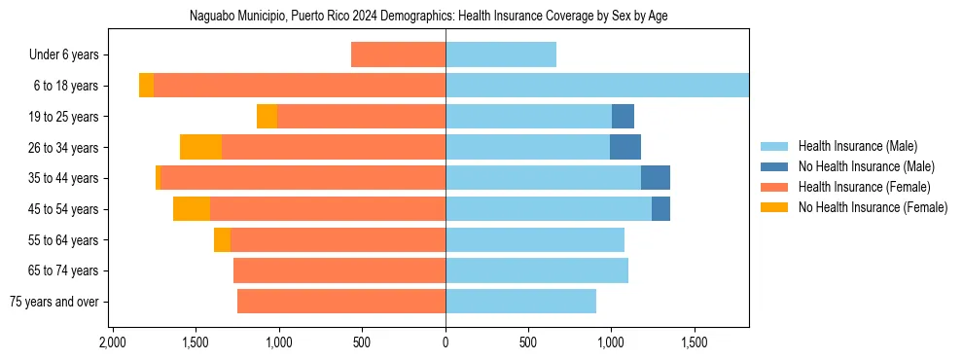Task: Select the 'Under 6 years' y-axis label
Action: point(69,55)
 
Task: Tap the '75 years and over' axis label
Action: point(54,302)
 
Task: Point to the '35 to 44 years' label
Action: point(65,178)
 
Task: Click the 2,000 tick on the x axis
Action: point(113,343)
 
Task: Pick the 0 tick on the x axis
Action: point(446,343)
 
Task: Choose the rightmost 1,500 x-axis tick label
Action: point(694,343)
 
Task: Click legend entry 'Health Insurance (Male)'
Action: point(857,146)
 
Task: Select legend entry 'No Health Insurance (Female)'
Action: point(873,207)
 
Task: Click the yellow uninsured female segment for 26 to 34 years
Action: point(201,147)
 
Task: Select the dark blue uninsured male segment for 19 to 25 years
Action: point(623,117)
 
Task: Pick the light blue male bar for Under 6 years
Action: point(501,55)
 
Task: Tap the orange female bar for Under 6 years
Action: point(398,55)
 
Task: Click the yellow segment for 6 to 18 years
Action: point(146,86)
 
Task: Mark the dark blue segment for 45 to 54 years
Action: point(660,209)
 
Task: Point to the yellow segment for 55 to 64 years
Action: point(222,240)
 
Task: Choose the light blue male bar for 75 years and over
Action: point(520,302)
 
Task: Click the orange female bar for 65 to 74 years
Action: point(339,270)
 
